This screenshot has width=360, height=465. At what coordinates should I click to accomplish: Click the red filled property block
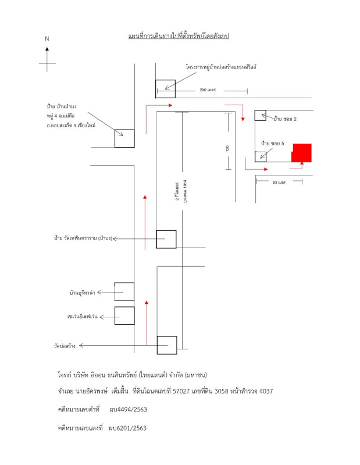(301, 153)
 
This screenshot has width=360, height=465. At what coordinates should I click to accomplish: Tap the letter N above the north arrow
(47, 39)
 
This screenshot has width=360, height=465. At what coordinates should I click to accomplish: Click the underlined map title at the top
(179, 36)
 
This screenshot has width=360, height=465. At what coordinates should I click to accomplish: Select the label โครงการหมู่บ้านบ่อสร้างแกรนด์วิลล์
(221, 67)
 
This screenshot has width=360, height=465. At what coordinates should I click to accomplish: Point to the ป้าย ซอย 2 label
(285, 119)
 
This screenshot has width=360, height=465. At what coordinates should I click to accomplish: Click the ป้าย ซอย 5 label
(272, 144)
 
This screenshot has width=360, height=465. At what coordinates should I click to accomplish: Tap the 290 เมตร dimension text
(208, 90)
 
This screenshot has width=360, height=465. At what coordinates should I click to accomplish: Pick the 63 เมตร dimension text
(279, 183)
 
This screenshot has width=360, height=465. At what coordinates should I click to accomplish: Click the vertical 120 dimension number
(227, 148)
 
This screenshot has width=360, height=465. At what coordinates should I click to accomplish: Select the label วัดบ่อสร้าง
(65, 346)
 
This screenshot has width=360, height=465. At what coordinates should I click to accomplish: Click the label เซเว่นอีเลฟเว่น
(82, 316)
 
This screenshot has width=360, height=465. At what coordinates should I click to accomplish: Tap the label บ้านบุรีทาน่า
(82, 293)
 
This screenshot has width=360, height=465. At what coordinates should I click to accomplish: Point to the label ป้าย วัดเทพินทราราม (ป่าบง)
(83, 238)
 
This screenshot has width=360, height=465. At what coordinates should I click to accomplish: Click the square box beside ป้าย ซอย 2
(261, 115)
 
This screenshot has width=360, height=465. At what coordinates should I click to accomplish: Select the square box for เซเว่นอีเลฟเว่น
(124, 316)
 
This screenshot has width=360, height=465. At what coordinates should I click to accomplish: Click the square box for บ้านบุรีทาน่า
(124, 292)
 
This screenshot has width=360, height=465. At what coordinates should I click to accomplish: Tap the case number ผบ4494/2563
(128, 410)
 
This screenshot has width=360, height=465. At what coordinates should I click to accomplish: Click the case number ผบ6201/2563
(127, 428)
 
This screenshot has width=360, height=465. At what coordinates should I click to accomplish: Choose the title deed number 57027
(181, 391)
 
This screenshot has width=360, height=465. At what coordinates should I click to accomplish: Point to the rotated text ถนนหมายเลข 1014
(185, 191)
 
